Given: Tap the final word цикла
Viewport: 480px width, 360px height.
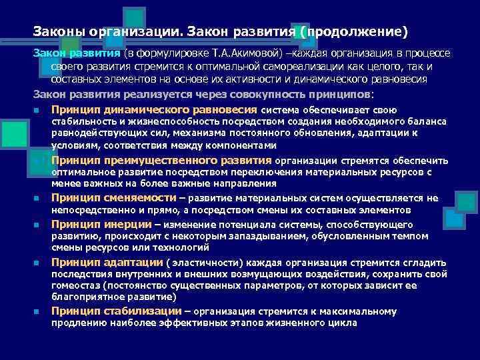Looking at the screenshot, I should [343, 323].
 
